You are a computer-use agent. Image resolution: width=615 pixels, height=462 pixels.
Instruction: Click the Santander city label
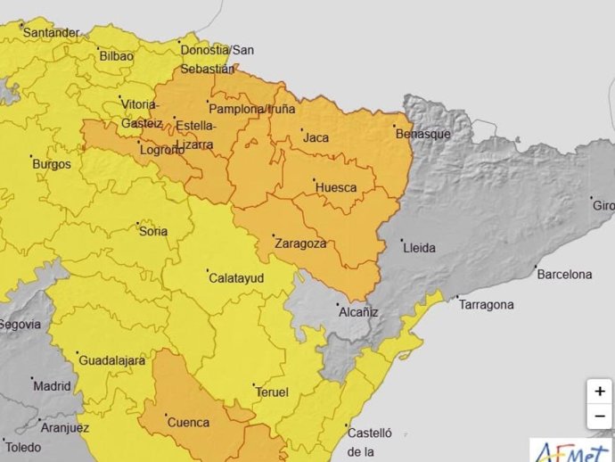[x=51, y=33]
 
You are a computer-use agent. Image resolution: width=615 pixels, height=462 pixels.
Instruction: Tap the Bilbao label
[x=116, y=55]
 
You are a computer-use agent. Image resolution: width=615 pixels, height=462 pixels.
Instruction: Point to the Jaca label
[x=316, y=137]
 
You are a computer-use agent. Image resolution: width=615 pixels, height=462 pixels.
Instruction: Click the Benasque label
[x=423, y=134]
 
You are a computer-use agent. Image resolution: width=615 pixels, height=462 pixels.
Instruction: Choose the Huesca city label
[x=335, y=187]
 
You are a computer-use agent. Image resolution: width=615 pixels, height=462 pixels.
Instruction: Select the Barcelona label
[x=564, y=274]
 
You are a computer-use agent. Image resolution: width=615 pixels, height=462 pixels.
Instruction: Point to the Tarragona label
[x=485, y=304]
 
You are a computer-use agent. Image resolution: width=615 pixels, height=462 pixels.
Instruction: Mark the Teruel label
[x=271, y=392]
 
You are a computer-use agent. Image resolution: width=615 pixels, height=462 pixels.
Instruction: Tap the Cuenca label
[x=188, y=422]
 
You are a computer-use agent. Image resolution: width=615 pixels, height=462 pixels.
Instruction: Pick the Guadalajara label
[x=111, y=360]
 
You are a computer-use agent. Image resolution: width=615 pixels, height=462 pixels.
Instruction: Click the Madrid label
[x=51, y=386]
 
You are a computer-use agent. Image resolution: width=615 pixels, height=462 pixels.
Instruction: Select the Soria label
[x=153, y=231]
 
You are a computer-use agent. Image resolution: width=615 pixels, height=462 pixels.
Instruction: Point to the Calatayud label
[x=235, y=278]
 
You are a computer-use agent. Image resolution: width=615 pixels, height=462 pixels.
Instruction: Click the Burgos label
[x=51, y=164]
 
